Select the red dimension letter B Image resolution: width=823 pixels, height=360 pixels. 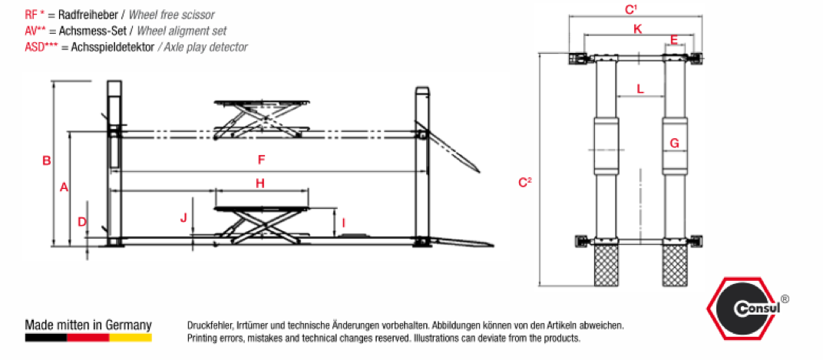46,161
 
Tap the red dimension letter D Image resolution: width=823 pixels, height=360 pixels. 81,222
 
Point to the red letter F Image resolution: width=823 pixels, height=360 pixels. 261,160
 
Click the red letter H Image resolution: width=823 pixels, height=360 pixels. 260,183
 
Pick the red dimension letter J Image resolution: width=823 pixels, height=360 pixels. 183,218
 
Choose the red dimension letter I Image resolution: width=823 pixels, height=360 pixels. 343,223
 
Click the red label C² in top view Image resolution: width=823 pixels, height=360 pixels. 525,182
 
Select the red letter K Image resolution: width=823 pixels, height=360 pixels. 637,29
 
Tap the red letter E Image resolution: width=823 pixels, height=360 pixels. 673,39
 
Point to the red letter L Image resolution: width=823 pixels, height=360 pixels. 640,88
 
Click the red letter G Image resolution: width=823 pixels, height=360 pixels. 674,143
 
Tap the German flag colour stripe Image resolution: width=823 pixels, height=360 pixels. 88,337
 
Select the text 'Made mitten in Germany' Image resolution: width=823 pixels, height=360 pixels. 88,325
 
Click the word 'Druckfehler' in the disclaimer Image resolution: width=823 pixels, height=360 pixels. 208,325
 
